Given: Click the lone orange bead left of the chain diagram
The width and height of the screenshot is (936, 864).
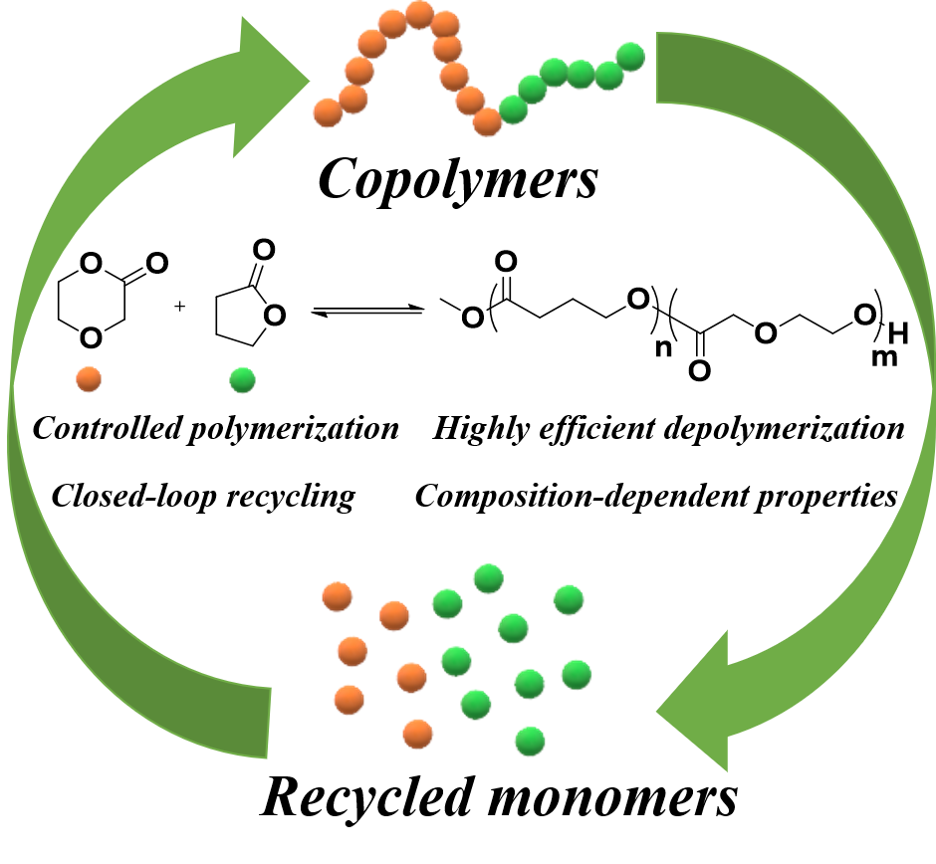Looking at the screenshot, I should (89, 379).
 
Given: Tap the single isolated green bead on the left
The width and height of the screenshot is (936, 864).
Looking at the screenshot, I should (242, 380).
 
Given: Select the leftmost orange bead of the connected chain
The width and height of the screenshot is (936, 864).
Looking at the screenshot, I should (328, 112).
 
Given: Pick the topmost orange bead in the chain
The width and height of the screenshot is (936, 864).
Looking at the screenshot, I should (419, 14).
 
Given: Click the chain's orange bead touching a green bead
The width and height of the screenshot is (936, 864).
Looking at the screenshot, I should (487, 121).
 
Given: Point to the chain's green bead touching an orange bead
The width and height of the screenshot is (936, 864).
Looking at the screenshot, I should (513, 108).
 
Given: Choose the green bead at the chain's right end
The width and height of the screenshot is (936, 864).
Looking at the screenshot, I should (630, 57).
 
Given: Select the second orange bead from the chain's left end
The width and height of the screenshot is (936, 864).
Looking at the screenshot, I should (353, 99).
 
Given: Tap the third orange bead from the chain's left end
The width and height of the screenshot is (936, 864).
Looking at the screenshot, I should (358, 71).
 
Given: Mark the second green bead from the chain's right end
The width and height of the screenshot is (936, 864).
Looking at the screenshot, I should (608, 75).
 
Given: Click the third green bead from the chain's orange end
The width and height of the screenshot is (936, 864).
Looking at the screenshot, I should (554, 72).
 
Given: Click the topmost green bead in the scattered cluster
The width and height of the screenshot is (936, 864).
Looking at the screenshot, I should (488, 578).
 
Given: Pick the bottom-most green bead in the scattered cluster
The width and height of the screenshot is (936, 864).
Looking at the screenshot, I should (530, 741).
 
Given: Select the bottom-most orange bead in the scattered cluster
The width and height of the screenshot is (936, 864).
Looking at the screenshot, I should (418, 735).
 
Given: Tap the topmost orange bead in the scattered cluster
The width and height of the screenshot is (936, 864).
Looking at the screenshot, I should (338, 597).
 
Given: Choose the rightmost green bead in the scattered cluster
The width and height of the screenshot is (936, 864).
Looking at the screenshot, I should (577, 674).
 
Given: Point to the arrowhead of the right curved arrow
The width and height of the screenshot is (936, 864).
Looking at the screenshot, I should (697, 710).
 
